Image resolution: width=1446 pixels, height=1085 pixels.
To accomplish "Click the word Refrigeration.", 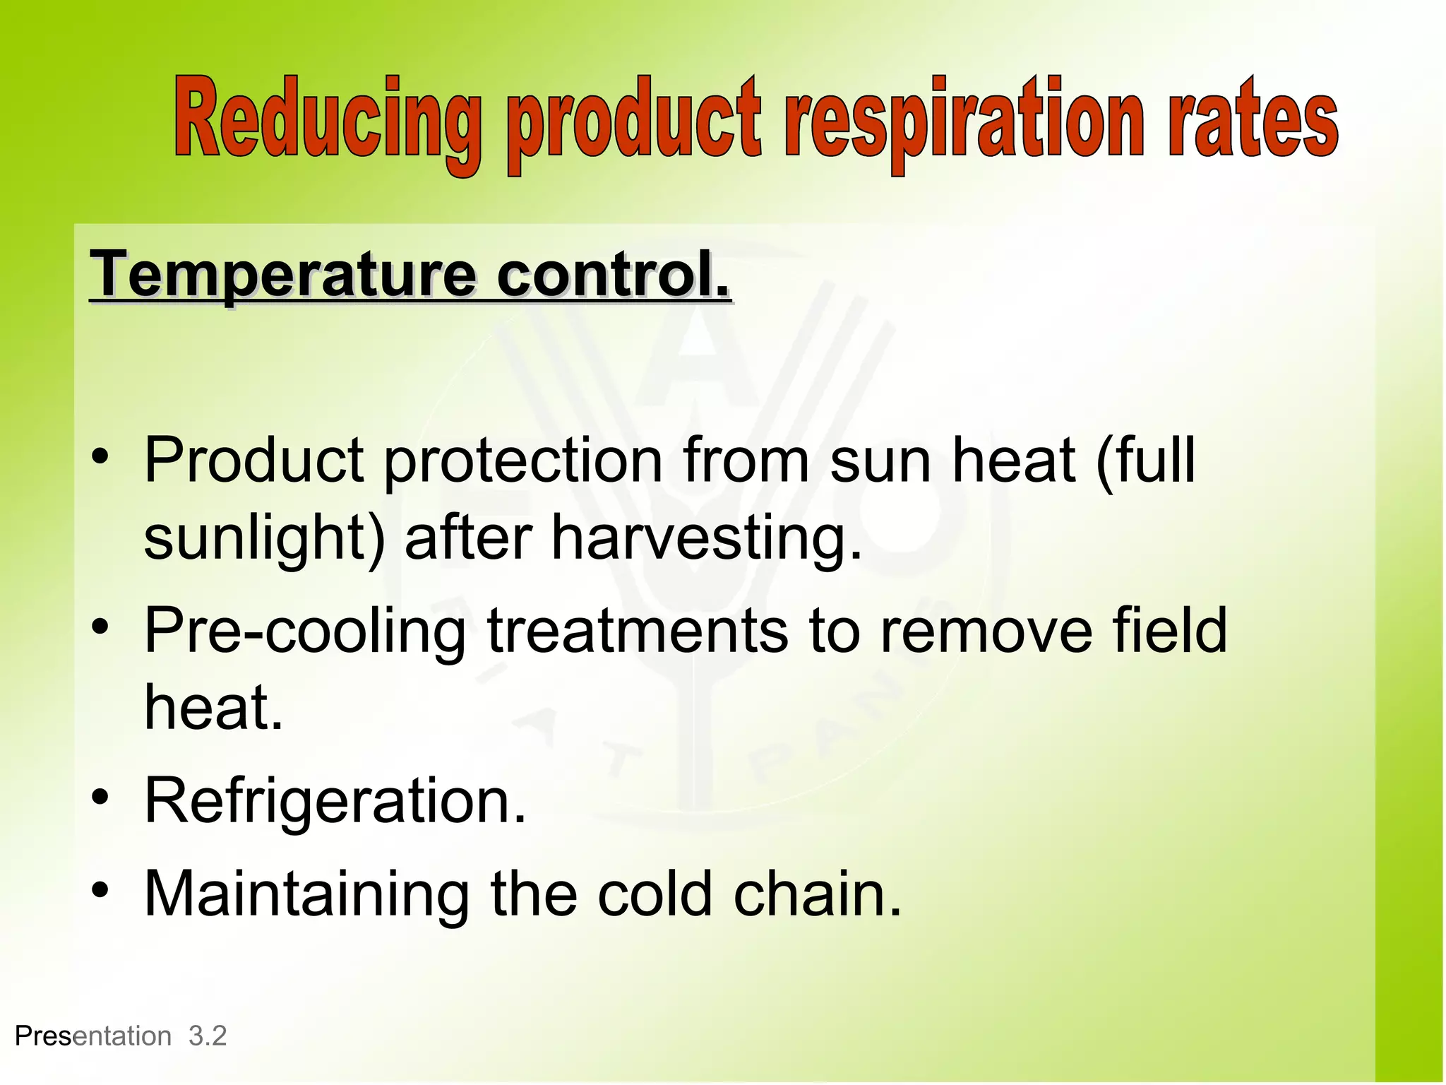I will coord(335,800).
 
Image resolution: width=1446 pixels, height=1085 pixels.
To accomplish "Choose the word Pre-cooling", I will coord(304,631).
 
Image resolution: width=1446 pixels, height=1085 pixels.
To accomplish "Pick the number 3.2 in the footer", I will coord(208,1036).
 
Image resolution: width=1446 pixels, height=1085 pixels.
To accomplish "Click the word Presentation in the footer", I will coord(93,1036).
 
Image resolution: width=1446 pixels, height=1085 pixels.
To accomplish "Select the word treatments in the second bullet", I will coord(637,630).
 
